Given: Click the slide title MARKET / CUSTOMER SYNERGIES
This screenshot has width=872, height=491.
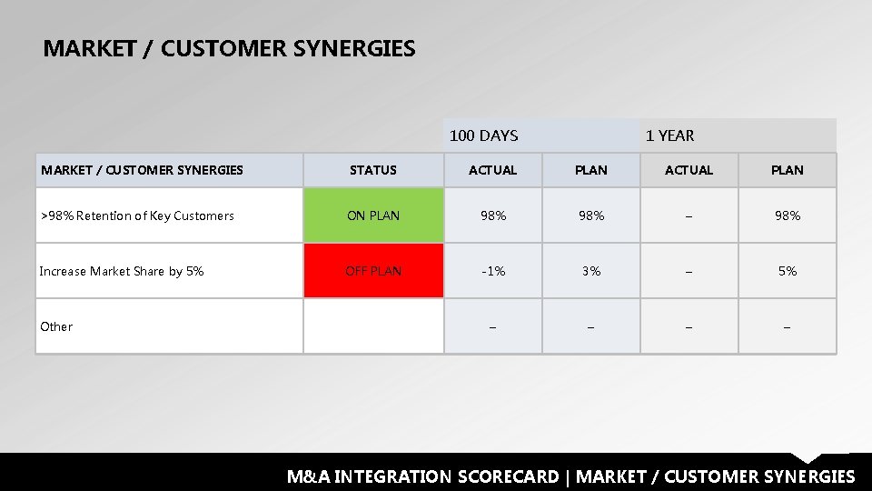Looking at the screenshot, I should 229,48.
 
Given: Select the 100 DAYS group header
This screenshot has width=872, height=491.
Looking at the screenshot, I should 484,135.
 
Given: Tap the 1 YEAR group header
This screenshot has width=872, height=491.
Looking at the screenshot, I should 669,135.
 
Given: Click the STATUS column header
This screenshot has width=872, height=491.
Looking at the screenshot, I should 373,170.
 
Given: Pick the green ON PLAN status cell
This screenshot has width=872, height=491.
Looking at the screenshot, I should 373,215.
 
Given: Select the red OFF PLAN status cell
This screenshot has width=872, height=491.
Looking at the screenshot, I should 373,271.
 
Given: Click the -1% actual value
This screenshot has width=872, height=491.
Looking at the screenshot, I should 492,271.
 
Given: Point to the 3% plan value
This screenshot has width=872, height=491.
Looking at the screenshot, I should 591,271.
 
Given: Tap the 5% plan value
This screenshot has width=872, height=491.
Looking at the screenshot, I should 787,271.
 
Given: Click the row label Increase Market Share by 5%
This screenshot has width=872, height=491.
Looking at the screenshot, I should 122,271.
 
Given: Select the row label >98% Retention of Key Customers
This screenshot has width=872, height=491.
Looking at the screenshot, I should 137,215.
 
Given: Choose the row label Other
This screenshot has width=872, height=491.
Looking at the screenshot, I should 56,326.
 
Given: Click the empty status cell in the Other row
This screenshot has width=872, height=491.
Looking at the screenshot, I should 373,326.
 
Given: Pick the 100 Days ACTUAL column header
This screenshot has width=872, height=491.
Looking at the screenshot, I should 492,170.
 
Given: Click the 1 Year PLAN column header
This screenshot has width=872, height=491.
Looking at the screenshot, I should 787,170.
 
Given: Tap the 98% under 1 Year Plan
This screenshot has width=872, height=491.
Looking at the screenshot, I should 787,215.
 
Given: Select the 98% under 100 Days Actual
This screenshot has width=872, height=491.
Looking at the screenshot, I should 492,215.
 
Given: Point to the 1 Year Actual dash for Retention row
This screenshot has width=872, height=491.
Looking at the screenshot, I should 689,216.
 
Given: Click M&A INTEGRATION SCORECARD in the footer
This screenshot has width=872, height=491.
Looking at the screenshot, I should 423,476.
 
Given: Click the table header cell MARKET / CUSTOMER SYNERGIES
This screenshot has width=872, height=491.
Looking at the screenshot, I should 143,170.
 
